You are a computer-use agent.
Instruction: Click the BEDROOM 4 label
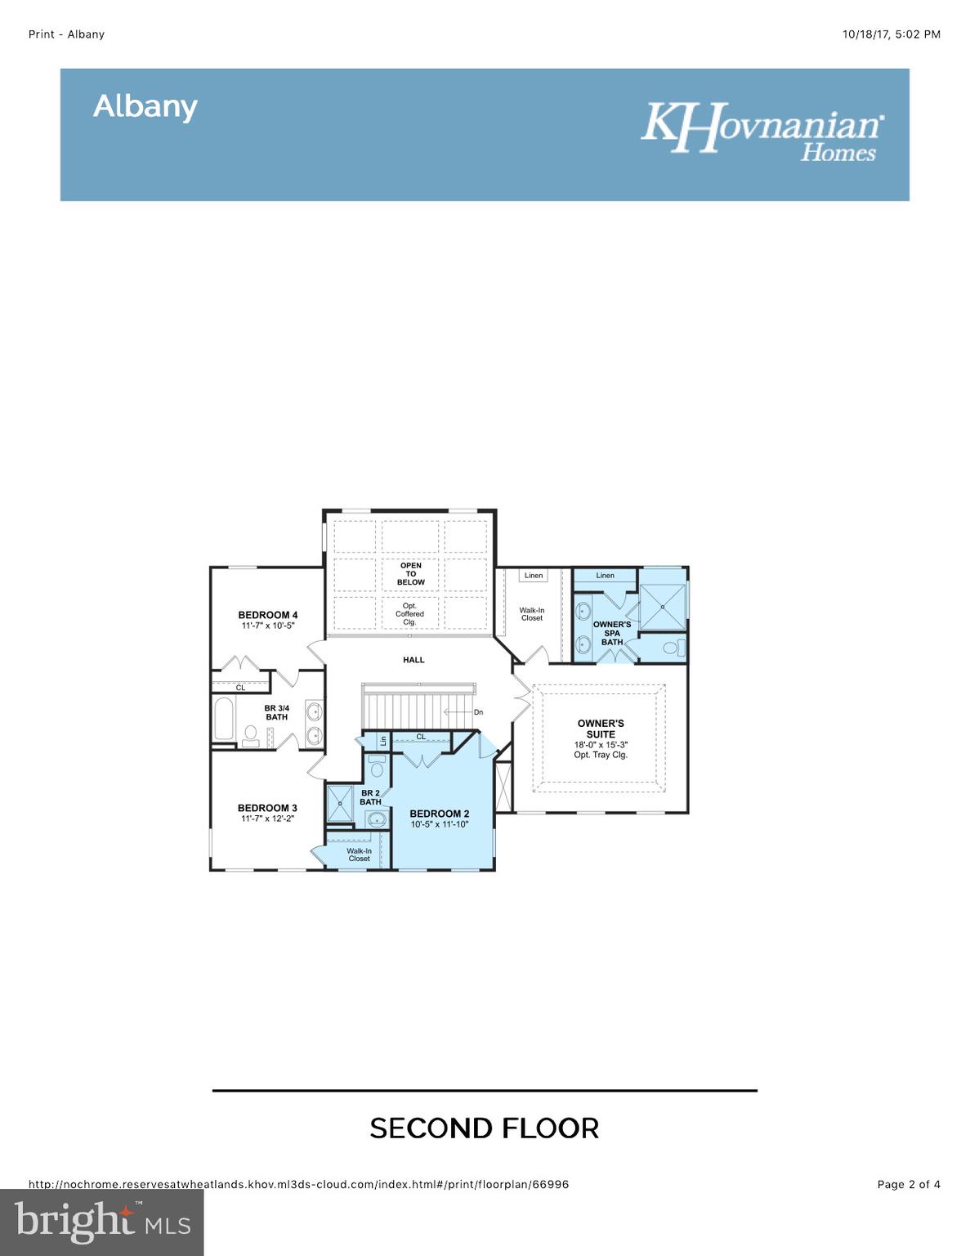(x=267, y=615)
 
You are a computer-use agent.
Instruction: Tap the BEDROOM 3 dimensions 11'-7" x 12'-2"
(x=267, y=819)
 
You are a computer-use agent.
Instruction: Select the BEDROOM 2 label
(x=439, y=814)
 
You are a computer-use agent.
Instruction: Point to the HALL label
(x=413, y=660)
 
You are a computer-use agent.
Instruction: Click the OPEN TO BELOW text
(x=411, y=574)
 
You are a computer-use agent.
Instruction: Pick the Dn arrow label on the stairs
(x=478, y=712)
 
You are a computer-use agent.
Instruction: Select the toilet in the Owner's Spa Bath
(x=672, y=648)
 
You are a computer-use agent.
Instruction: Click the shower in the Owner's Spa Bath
(x=662, y=607)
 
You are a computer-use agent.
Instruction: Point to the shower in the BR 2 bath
(x=339, y=804)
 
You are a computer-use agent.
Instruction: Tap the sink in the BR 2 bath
(x=377, y=819)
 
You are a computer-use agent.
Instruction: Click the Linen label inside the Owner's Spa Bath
(x=605, y=576)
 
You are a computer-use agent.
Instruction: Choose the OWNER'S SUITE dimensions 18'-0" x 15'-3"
(x=601, y=745)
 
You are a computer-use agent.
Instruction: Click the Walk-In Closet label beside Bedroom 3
(x=359, y=855)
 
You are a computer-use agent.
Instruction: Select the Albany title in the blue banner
(x=145, y=106)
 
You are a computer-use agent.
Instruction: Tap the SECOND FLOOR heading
(x=485, y=1128)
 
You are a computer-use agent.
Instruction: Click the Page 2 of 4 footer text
(x=908, y=1184)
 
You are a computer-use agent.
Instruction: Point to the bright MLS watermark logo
(x=102, y=1222)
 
